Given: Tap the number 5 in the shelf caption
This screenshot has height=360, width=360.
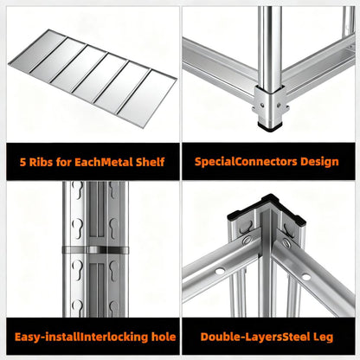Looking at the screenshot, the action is click(x=22, y=162).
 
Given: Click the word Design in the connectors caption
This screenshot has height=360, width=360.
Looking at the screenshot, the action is click(x=319, y=162).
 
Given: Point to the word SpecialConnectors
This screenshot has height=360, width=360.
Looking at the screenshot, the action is click(x=246, y=162).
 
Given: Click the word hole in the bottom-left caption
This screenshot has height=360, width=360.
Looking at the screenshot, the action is click(x=164, y=337).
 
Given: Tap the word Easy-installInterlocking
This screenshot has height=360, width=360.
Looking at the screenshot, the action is click(x=81, y=337).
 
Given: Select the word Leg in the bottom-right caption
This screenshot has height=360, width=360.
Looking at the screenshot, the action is click(x=323, y=337).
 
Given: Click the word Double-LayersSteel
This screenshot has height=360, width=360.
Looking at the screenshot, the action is click(x=255, y=337).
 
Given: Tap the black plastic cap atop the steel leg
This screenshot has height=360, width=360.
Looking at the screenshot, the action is click(x=267, y=208).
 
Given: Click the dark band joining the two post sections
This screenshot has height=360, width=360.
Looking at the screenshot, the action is click(x=95, y=250).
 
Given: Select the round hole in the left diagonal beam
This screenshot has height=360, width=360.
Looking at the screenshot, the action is click(x=220, y=271).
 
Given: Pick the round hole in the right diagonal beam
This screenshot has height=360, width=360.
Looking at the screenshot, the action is click(x=306, y=277).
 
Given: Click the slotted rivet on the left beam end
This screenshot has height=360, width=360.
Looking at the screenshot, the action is click(x=247, y=240).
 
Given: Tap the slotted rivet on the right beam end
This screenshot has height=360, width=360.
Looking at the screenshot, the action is click(x=286, y=243).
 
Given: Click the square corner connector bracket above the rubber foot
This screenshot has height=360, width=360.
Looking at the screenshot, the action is click(x=270, y=105).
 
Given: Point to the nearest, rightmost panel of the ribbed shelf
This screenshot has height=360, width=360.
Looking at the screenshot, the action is click(x=148, y=98).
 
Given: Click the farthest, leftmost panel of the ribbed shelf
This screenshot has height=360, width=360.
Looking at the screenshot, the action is click(x=38, y=49).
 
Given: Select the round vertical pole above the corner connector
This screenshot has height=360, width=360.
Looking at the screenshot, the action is click(x=270, y=46).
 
